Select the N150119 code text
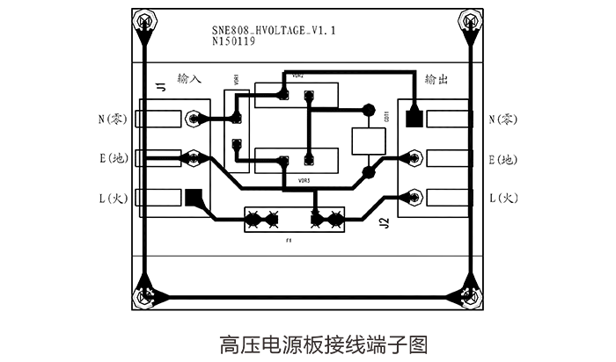[x=234, y=41]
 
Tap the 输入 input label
[x=189, y=79]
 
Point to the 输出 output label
[x=436, y=79]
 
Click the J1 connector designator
[x=160, y=87]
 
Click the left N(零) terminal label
[x=113, y=118]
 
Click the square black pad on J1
[x=194, y=199]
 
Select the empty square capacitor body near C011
[x=369, y=141]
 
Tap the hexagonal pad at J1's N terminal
[x=194, y=118]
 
